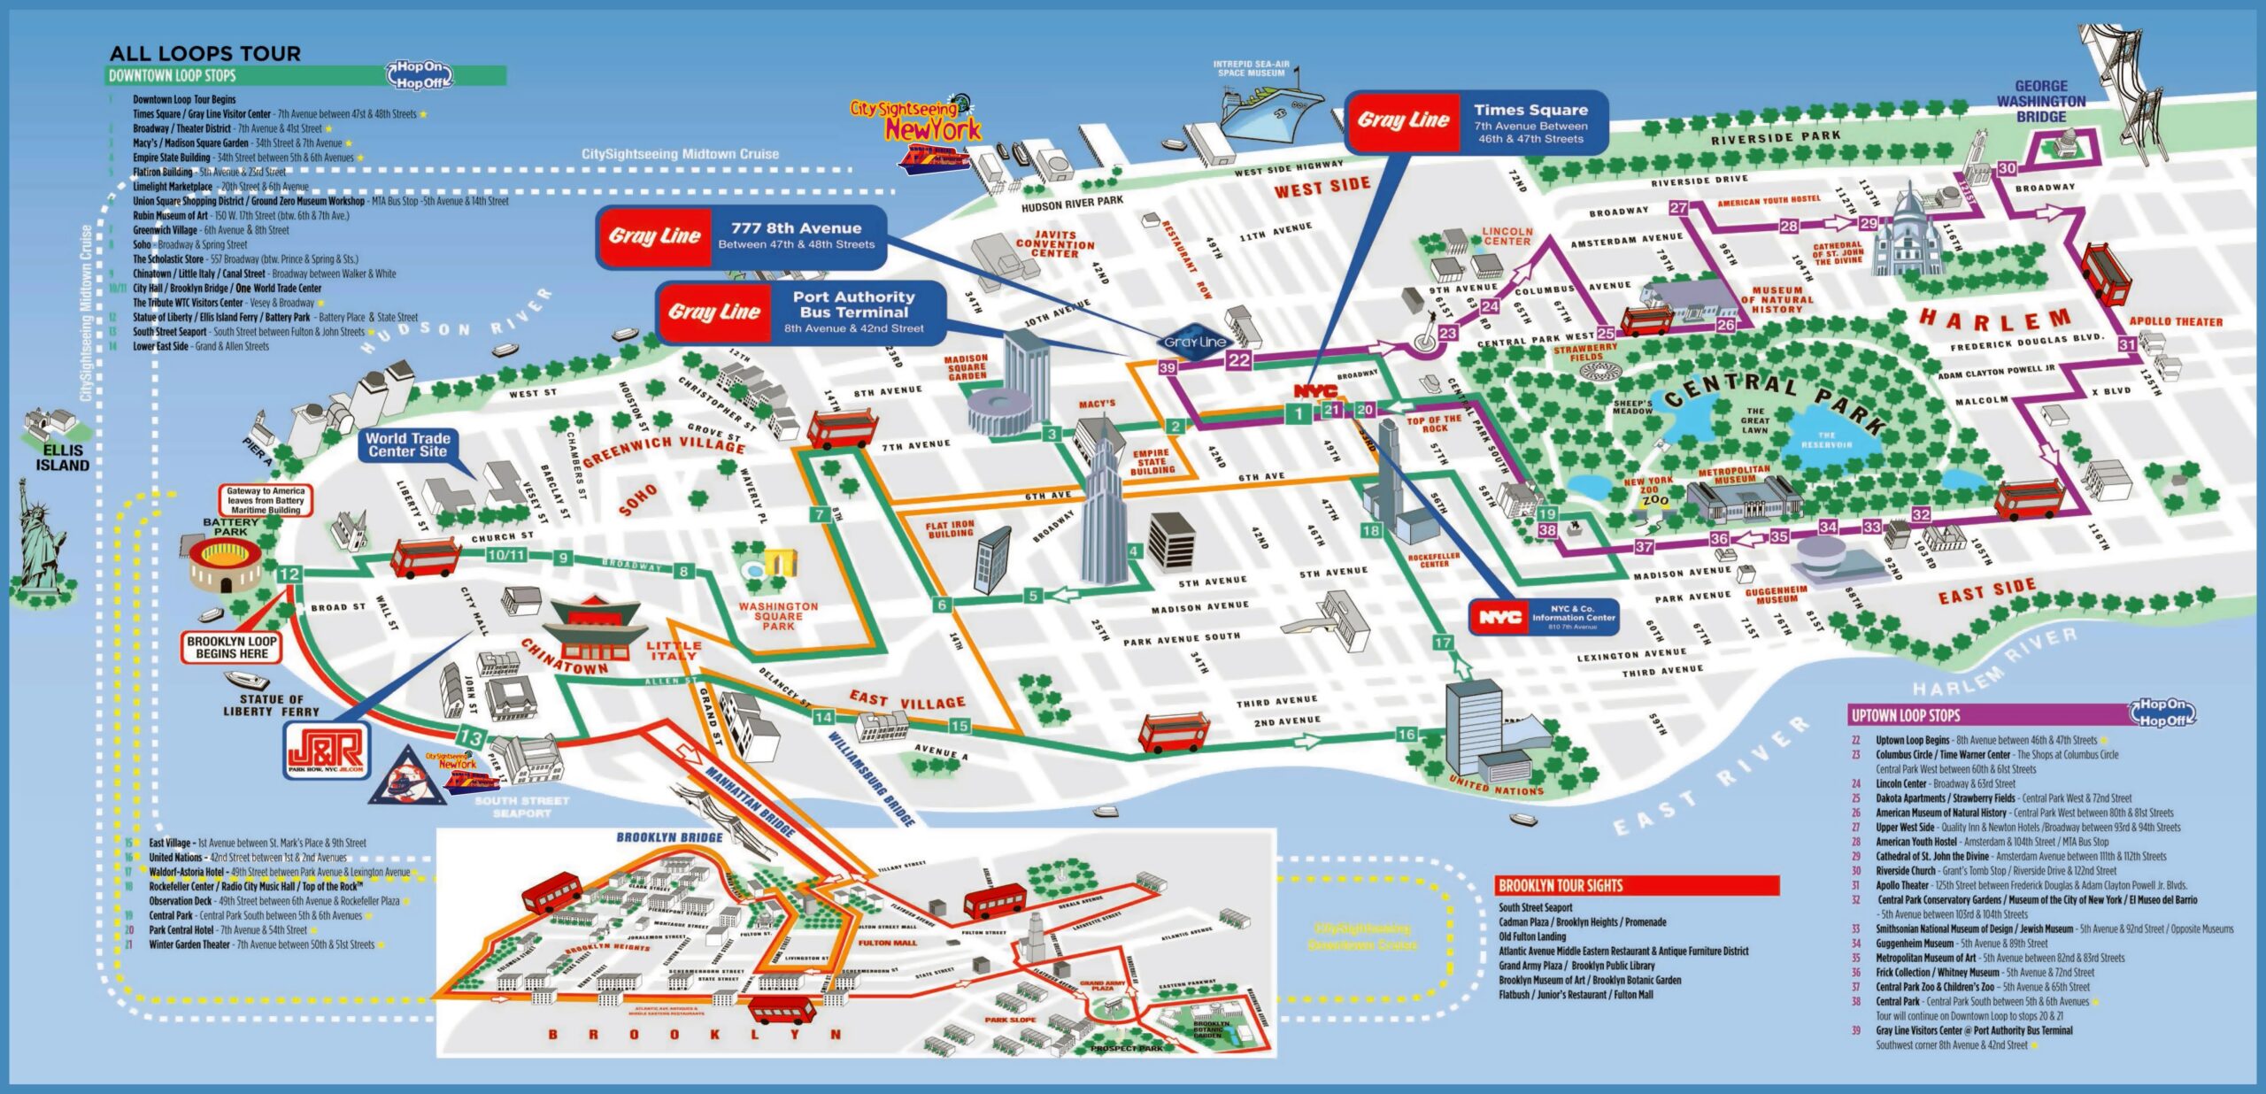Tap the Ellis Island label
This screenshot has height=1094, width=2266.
coord(62,458)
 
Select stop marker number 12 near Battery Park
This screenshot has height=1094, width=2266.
coord(289,574)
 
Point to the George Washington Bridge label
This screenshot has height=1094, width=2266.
coord(2040,101)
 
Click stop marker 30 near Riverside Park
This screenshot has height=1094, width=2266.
coord(2008,168)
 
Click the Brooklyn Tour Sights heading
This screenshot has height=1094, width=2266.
coord(1560,885)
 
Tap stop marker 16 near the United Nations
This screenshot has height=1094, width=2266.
coord(1407,734)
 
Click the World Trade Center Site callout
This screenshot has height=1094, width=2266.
coord(408,444)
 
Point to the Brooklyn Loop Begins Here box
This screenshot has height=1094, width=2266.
coord(232,647)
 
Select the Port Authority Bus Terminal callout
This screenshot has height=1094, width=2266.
coord(801,312)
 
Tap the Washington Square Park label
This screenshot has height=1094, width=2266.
coord(778,616)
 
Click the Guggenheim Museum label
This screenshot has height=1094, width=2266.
coord(1776,595)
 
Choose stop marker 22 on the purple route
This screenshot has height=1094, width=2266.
coord(1239,360)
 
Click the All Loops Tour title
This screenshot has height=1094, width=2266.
coord(204,53)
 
